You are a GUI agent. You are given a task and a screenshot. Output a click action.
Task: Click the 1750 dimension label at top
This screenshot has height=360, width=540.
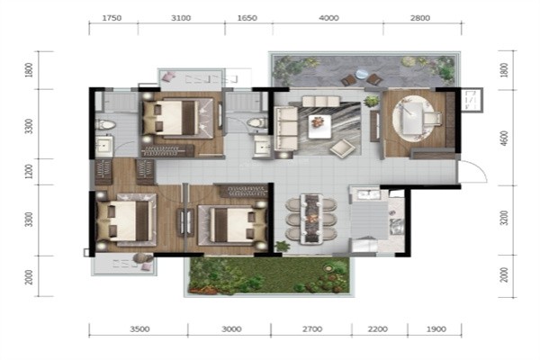coord(112,18)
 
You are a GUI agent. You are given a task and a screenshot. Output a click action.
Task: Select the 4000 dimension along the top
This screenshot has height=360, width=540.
coord(328,18)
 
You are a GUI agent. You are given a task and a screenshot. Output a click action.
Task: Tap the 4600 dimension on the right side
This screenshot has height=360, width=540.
coord(504,139)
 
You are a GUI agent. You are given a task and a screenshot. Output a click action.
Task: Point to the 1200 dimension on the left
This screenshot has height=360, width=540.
coord(30,172)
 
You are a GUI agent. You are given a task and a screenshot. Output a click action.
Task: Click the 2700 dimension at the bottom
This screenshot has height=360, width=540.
coord(312,329)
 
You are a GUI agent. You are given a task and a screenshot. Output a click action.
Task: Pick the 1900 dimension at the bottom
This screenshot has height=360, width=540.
coord(436,329)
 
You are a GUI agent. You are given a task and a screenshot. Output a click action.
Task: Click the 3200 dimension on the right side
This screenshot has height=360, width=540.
coord(504,219)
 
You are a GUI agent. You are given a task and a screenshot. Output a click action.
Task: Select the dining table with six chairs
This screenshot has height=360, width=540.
coord(311,220)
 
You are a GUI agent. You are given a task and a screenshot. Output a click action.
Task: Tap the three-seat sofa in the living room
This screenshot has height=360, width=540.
coord(286,129)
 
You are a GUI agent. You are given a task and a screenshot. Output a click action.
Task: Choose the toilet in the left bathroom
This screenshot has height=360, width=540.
coord(105,124)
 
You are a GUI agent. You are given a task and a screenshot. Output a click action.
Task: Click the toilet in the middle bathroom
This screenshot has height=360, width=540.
coord(256,122)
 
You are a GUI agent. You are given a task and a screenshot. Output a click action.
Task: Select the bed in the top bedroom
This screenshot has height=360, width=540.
coord(178,118)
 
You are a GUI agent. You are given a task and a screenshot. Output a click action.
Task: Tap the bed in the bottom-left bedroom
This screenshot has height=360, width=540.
coord(126,220)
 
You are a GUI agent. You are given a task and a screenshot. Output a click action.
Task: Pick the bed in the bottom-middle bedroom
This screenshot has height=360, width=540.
coord(233,224)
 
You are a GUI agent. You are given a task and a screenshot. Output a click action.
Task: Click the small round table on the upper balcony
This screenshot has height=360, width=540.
coord(362,74)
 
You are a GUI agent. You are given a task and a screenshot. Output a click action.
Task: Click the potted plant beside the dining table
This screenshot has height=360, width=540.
coord(282,246)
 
